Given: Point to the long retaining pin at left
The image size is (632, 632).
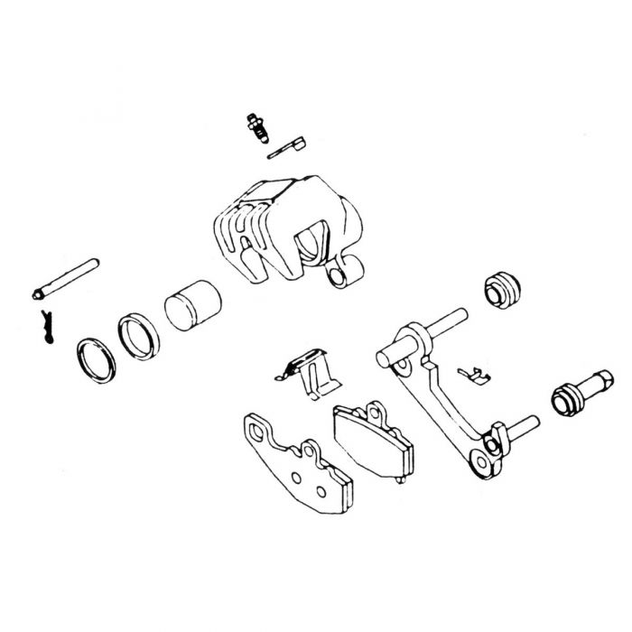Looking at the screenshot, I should [x=67, y=280].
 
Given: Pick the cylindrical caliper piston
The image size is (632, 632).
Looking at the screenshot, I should [x=191, y=308].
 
